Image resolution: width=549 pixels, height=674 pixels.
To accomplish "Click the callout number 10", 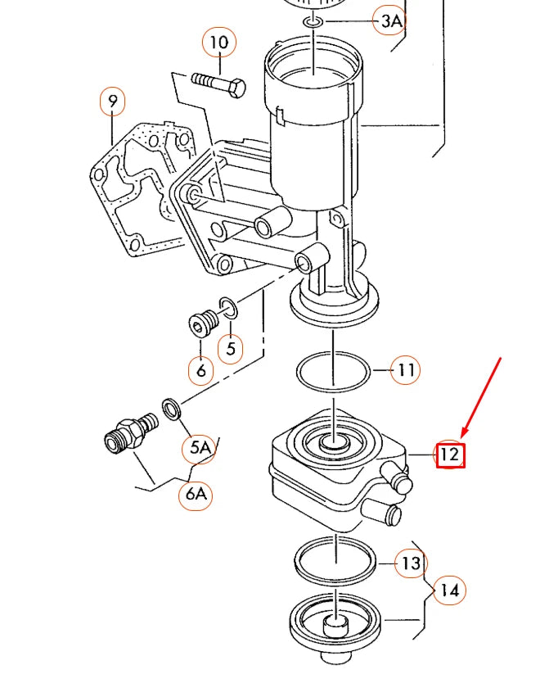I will click(218, 42).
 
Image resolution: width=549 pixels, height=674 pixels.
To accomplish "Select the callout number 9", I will click(113, 102).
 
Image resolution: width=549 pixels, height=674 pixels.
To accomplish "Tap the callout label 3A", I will click(389, 20).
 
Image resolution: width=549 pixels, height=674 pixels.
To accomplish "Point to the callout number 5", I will click(231, 348).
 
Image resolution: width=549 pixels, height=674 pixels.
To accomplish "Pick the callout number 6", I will click(200, 371).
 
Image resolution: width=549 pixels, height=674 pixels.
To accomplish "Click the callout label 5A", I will click(200, 447).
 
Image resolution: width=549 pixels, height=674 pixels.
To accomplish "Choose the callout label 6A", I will click(196, 494).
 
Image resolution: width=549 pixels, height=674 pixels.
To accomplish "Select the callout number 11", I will click(406, 371).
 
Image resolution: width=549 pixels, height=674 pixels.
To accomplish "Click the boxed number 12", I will click(450, 455).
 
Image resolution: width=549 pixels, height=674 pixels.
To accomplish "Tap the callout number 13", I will click(411, 563).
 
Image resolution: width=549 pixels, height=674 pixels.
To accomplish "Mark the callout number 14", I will click(449, 590).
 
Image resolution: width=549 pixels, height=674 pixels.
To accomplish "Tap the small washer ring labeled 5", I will click(229, 310).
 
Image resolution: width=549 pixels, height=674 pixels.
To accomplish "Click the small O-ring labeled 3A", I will click(314, 20).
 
